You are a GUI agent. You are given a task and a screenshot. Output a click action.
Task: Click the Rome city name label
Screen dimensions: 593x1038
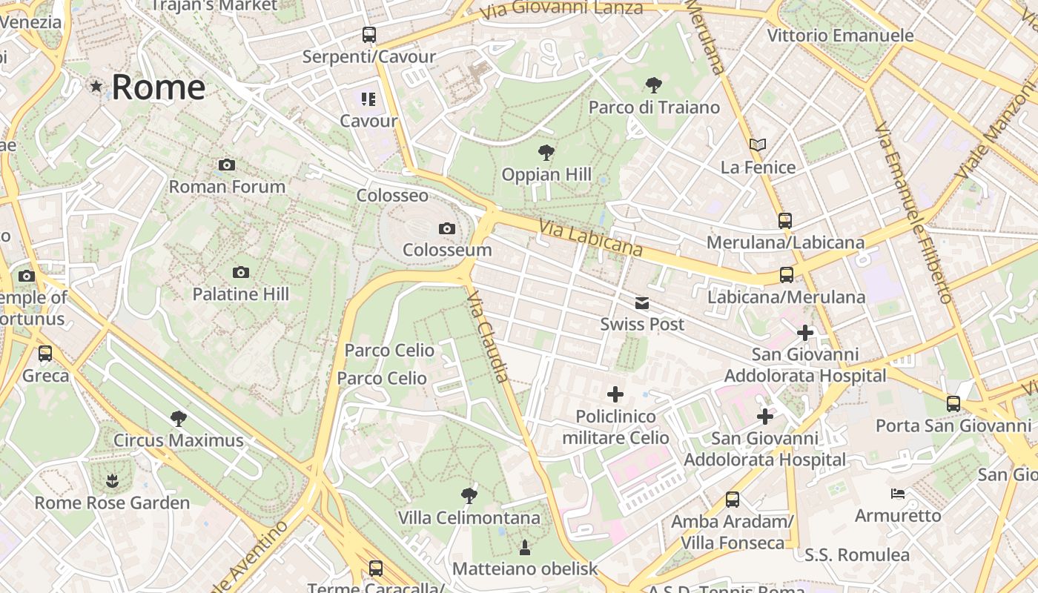[x=158, y=87]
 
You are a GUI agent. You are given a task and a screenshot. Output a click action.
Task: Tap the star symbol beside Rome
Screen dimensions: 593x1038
[x=96, y=87]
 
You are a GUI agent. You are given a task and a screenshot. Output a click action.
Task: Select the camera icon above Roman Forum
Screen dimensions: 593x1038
[x=227, y=165]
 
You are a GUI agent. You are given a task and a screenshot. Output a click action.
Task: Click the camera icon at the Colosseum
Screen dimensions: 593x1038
[x=446, y=228]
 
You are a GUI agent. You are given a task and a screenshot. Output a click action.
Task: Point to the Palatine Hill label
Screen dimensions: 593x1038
[x=241, y=294]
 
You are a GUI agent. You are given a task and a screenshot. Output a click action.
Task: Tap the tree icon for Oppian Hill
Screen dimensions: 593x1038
[x=546, y=153]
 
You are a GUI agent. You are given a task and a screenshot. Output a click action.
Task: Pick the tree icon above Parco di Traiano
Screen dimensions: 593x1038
[x=653, y=85]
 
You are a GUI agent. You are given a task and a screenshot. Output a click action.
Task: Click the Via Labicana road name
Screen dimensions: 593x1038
[x=591, y=238]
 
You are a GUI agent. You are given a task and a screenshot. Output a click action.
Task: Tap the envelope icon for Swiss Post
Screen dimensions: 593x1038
[x=641, y=303]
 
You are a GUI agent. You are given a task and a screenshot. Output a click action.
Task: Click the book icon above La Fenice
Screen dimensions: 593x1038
[x=757, y=145]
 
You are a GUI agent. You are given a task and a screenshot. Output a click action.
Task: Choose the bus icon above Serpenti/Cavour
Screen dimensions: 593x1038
[x=368, y=35]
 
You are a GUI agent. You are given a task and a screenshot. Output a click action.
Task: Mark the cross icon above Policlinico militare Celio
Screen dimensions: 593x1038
[x=615, y=394]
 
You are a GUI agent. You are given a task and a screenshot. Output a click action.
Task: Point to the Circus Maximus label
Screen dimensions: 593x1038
[x=178, y=440]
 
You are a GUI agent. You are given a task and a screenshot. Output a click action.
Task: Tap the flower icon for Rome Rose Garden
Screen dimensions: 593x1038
[x=112, y=481]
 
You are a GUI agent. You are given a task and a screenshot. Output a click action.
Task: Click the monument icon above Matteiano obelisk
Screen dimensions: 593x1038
[x=525, y=547]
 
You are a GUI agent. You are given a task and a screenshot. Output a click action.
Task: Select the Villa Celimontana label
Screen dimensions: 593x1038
[x=469, y=517]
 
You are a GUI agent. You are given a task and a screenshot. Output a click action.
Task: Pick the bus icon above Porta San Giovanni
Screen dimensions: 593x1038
[x=953, y=404]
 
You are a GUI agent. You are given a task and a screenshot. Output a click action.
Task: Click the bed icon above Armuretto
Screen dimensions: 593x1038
[x=897, y=494]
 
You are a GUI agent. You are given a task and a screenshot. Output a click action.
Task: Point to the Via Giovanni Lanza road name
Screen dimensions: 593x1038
[x=561, y=10]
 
